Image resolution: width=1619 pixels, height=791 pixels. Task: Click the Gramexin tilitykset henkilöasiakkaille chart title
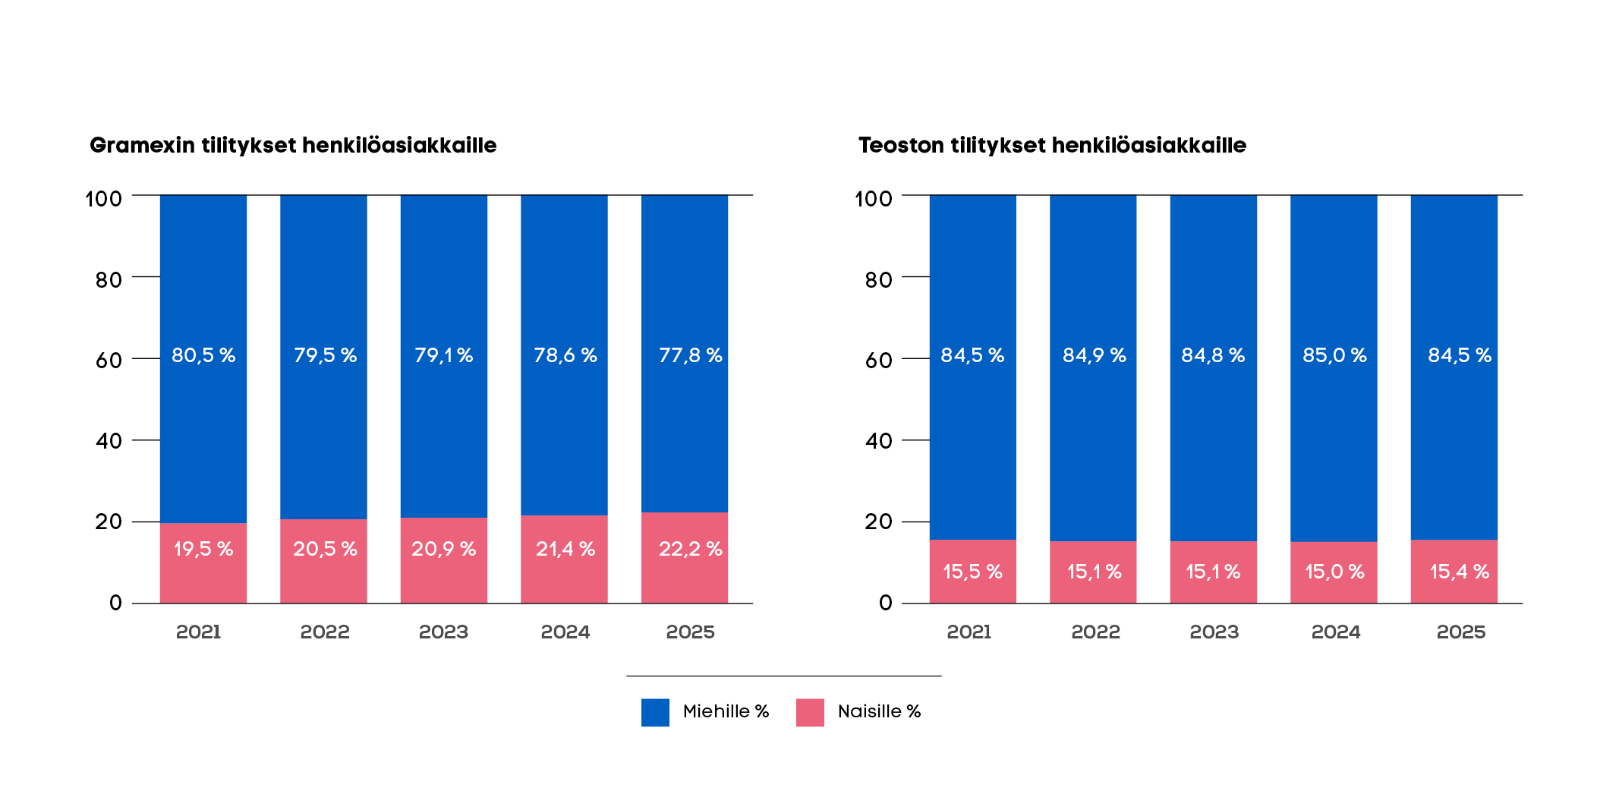tap(293, 145)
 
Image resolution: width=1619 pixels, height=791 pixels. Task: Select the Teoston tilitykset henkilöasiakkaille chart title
tap(1052, 145)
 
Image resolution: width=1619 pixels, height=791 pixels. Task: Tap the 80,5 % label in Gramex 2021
tap(203, 355)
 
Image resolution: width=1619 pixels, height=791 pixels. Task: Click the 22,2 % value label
tap(690, 549)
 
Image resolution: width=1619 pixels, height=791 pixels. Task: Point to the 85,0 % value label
tap(1334, 355)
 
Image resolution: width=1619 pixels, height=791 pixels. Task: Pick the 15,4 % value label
tap(1459, 572)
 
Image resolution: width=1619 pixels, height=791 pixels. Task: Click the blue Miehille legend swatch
tap(655, 712)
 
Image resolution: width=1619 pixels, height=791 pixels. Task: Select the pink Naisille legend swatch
tap(810, 712)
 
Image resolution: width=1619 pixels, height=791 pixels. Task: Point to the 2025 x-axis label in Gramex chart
tap(690, 632)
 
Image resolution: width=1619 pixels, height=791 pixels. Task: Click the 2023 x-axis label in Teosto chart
tap(1214, 632)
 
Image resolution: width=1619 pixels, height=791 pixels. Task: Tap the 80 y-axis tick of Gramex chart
tap(109, 280)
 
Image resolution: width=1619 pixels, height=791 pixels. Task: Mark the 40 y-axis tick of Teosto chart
tap(878, 441)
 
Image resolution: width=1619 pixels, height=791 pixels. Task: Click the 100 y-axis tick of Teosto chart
tap(873, 199)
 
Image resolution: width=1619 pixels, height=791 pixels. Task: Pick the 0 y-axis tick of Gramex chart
tap(115, 603)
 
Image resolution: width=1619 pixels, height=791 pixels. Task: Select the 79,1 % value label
tap(443, 355)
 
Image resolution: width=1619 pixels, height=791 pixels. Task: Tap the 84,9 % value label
tap(1094, 355)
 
